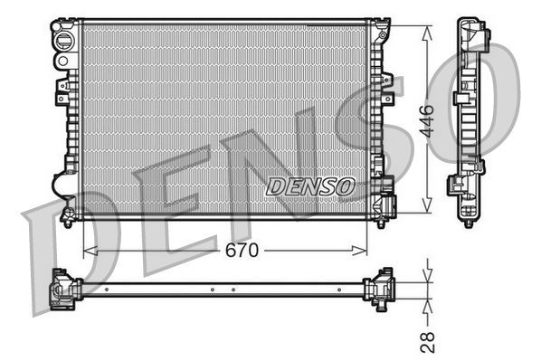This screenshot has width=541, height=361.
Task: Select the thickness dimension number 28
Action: coord(429,341)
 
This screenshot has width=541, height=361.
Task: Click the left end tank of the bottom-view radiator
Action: coord(65,289)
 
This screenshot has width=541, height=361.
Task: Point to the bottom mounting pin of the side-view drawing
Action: coord(468,220)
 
